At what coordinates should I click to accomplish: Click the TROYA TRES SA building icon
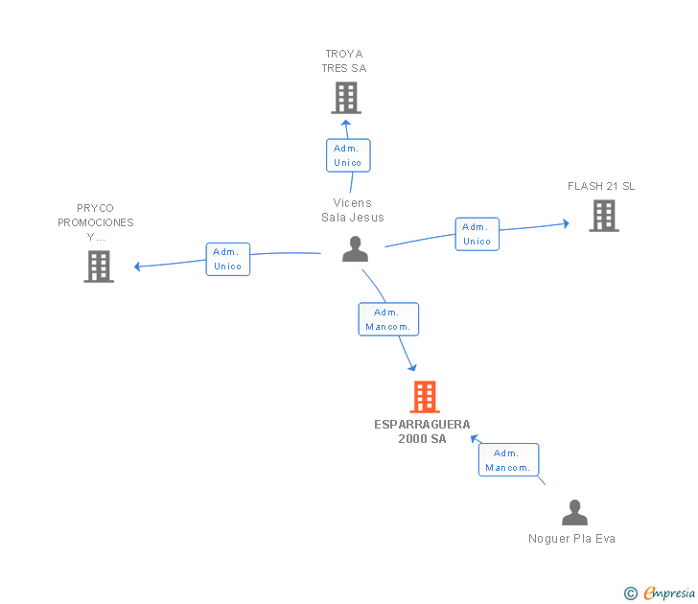point(346,98)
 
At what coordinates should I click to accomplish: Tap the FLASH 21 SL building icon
point(604,216)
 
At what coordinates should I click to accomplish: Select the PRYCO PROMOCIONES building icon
point(99,267)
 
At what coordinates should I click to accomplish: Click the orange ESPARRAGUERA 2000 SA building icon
point(425,397)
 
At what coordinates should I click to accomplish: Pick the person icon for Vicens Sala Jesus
point(355,249)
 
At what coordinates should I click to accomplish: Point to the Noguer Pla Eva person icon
point(574,512)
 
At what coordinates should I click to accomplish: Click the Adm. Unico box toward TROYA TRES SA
point(348,155)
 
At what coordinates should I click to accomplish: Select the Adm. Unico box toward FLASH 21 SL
point(477,234)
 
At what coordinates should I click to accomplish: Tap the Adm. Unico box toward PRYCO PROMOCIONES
point(228,259)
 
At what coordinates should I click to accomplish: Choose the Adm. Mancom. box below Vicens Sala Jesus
point(388,319)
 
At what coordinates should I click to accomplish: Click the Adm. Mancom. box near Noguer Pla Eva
point(509,460)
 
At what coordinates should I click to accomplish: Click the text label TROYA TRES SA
point(344,61)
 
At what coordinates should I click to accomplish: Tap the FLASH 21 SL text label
point(601,186)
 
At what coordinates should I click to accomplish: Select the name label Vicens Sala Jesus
point(353,210)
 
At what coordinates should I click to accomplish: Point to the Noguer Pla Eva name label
point(572,539)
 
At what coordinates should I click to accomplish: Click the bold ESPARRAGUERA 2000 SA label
point(422,431)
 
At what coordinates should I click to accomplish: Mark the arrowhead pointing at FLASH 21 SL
point(567,223)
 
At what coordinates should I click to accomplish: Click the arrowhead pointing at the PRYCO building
point(137,267)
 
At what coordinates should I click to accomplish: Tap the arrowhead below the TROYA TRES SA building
point(346,123)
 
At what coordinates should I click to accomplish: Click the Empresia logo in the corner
point(660,592)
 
